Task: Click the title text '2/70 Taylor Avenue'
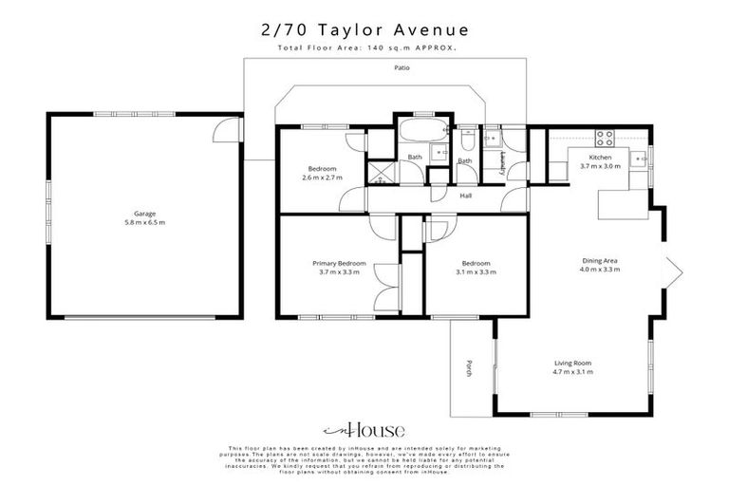364,29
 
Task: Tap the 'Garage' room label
144,214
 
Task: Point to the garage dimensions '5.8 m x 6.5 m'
144,223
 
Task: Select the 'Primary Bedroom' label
340,263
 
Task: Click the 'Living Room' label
573,363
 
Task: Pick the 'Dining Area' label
600,259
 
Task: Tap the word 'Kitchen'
600,157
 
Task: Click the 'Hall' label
466,196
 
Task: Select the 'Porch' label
469,368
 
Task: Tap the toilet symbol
466,142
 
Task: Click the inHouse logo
364,428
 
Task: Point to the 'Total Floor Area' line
364,47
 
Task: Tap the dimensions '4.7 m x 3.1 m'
573,372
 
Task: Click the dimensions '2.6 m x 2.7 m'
322,178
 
